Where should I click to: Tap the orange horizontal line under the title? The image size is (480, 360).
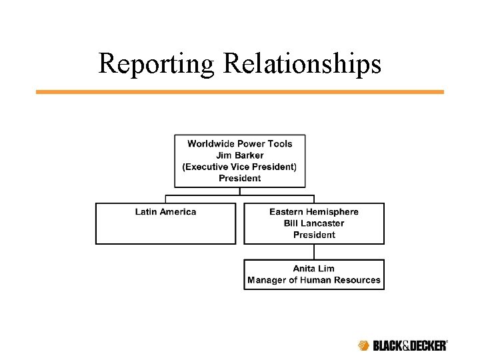pos(239,92)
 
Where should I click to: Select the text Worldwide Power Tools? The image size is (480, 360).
pos(240,143)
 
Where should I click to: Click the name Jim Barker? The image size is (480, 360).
pos(240,155)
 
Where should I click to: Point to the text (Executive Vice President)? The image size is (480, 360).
pos(240,167)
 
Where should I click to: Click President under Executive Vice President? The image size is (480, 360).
pos(240,178)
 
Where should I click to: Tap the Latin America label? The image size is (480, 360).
pos(165,212)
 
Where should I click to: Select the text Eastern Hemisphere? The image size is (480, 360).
pos(314,212)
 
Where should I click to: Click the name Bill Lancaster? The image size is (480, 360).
pos(314,223)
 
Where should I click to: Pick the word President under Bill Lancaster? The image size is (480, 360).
pos(314,235)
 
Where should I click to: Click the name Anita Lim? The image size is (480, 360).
pos(314,269)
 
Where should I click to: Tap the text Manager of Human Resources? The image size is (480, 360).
pos(314,280)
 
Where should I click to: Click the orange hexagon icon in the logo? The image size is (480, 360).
pos(363,345)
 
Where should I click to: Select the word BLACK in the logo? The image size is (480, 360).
pos(387,345)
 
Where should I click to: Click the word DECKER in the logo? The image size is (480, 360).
pos(427,345)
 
